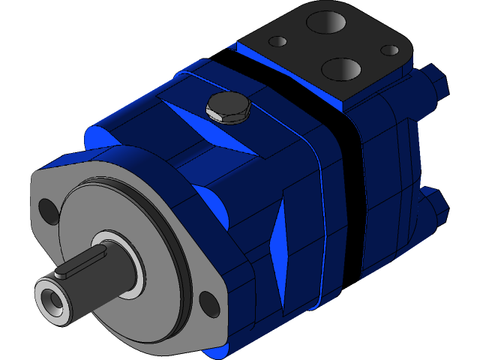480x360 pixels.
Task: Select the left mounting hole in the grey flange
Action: (x=47, y=210)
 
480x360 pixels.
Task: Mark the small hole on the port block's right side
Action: (x=390, y=50)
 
